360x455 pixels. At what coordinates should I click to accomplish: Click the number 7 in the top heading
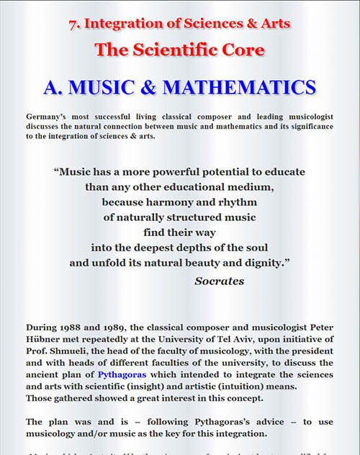point(72,24)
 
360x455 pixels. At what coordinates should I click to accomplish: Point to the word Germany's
point(50,115)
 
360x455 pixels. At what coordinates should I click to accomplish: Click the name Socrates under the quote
point(219,281)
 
